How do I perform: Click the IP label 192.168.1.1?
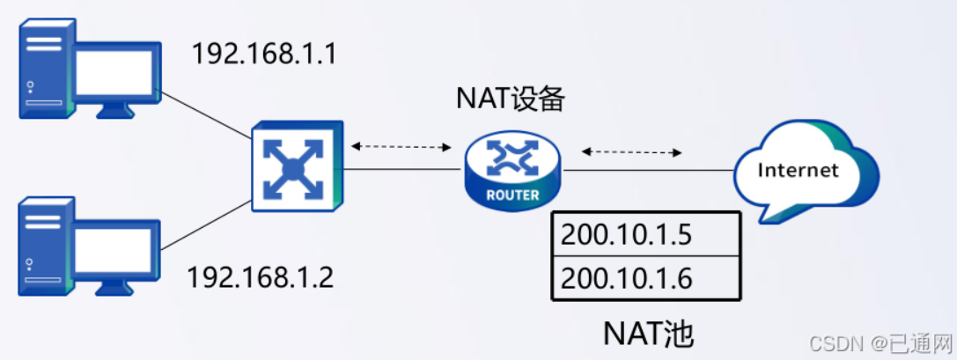click(265, 55)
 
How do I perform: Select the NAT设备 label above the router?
click(510, 99)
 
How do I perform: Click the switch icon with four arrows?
click(297, 168)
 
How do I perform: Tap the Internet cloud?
click(800, 172)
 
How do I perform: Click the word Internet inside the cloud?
click(798, 170)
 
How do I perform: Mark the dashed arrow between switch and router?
click(401, 146)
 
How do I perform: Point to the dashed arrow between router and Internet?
click(631, 152)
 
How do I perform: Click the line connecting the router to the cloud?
click(651, 171)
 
